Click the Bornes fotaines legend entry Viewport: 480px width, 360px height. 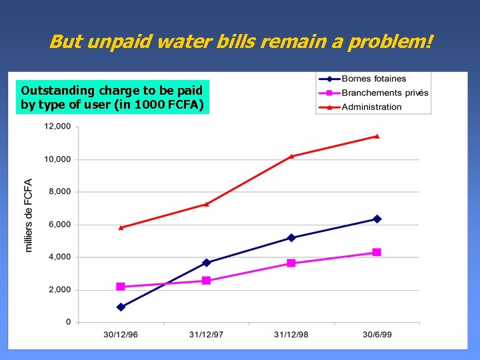click(x=373, y=79)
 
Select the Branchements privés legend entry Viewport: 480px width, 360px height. click(x=384, y=93)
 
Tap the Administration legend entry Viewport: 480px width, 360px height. click(x=371, y=107)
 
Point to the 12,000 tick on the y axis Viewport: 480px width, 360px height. click(x=57, y=127)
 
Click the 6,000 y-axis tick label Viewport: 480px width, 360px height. click(x=59, y=225)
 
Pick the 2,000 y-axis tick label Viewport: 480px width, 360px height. click(x=59, y=290)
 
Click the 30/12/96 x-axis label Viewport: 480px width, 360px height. click(x=121, y=334)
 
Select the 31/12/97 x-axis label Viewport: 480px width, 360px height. click(x=206, y=334)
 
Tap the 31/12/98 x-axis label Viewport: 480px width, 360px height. click(x=291, y=334)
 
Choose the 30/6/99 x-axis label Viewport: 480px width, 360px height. click(x=377, y=334)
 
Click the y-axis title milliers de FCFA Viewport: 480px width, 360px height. click(x=29, y=215)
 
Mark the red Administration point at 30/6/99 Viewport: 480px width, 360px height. click(x=377, y=136)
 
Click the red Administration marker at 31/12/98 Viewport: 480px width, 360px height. click(x=291, y=156)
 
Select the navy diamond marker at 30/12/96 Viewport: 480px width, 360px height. click(x=121, y=307)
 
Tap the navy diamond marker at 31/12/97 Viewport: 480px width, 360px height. click(x=206, y=263)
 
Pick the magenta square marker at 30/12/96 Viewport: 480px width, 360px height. click(x=121, y=287)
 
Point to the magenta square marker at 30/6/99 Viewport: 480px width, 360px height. click(x=377, y=252)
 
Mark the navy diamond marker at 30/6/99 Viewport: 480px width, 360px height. click(x=377, y=219)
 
